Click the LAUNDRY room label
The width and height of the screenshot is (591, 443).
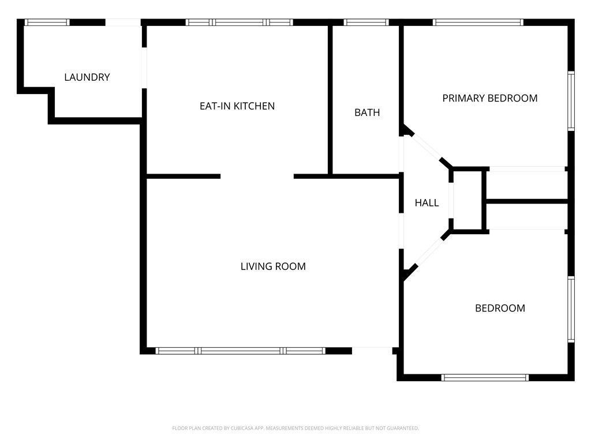click(87, 77)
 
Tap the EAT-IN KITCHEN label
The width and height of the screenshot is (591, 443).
click(237, 106)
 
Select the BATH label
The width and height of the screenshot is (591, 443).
click(367, 112)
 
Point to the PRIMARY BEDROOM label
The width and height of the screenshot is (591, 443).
click(489, 98)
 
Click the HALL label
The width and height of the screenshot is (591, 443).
click(427, 203)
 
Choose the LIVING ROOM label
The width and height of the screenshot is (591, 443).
click(273, 266)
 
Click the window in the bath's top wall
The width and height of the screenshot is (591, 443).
click(366, 22)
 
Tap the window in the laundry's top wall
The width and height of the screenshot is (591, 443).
click(47, 22)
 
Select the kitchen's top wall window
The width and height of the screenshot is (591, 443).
click(239, 22)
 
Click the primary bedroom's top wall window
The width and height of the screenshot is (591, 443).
click(478, 22)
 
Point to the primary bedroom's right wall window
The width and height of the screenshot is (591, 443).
click(571, 101)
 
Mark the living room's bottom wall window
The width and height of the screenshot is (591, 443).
click(240, 351)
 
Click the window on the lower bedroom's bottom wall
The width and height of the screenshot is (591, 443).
click(485, 377)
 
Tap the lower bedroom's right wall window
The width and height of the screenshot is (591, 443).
click(571, 309)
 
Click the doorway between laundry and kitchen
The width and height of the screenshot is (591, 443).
click(144, 68)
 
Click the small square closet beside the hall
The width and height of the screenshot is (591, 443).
click(467, 200)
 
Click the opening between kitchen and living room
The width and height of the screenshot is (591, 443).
click(257, 177)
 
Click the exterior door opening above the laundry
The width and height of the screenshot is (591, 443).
click(123, 22)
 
